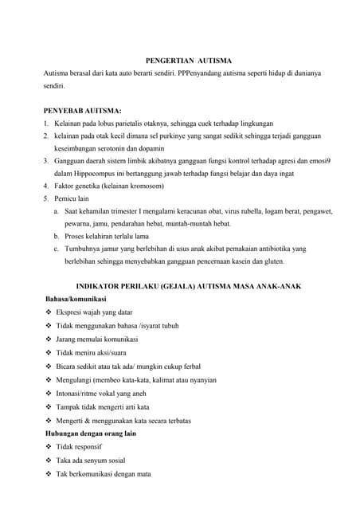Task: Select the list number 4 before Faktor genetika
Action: pos(46,186)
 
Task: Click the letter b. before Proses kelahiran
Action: pos(57,237)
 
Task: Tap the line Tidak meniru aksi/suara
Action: pos(91,352)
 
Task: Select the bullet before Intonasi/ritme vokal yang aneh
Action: pos(49,393)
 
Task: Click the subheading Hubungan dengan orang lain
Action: pos(91,433)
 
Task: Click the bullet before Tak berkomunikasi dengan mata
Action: pos(49,474)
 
